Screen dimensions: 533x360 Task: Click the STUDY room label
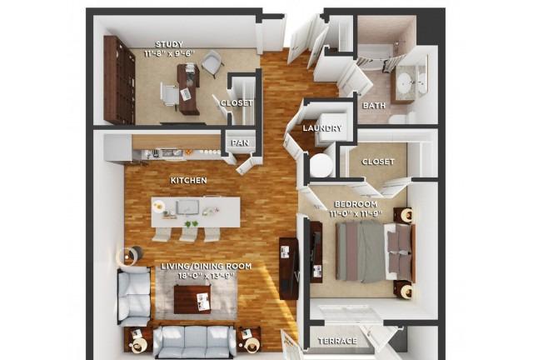169,44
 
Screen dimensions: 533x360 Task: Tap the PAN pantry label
241,142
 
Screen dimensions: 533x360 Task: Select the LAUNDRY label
322,128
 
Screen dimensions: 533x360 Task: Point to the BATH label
374,106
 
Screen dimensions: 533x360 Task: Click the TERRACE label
337,341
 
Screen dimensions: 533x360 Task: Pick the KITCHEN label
189,180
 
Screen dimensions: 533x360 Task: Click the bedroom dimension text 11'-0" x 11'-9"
356,213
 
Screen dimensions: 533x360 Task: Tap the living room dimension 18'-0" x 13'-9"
207,276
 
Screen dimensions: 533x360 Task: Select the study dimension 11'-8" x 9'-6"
169,53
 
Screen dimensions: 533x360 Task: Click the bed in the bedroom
375,252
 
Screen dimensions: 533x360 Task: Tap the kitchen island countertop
196,212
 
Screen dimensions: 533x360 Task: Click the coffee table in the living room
192,299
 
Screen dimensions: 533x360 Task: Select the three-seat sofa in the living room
194,342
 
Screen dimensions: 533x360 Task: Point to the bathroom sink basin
405,82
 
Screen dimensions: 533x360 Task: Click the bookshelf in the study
119,80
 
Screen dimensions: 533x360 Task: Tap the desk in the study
188,89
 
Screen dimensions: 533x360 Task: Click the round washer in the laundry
321,165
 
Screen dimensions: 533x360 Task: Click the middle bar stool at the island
188,234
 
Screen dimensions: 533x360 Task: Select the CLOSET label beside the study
237,102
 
